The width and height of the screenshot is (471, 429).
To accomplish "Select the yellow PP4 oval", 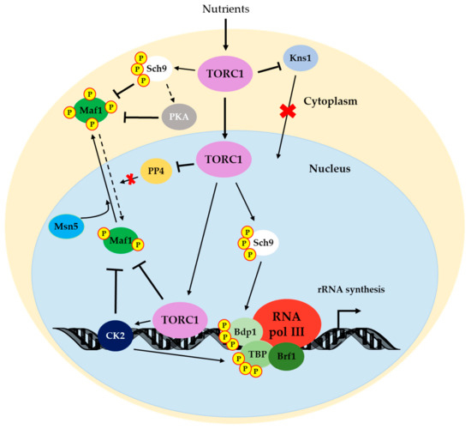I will tap(155, 171).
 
